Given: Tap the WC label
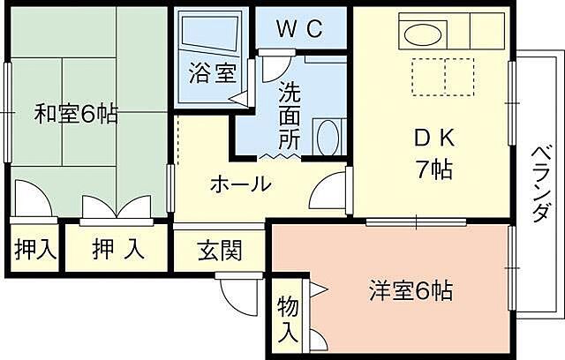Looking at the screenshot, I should [301, 29].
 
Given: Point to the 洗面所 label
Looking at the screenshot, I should [290, 115].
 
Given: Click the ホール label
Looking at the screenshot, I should [239, 184].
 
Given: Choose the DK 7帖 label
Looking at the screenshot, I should [433, 154].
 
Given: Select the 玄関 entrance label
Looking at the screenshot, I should [218, 251].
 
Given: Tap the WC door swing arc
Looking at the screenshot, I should [277, 67].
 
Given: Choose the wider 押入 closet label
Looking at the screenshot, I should [119, 250].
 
